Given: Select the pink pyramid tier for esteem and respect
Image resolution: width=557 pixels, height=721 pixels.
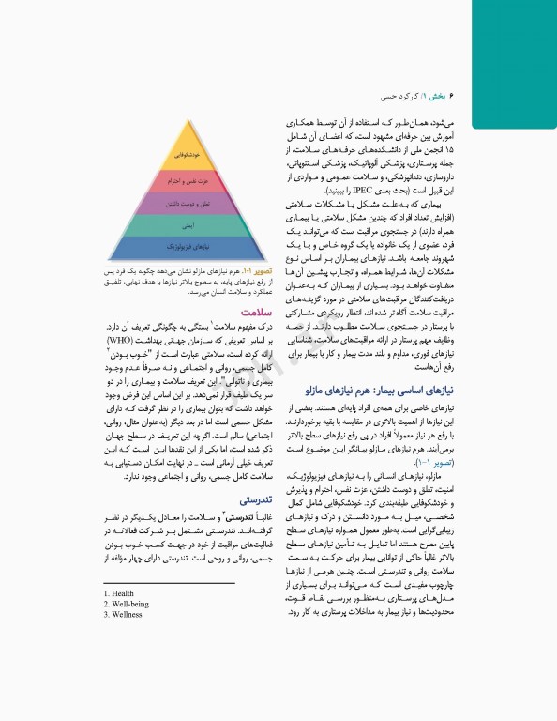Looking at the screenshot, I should tap(185, 178).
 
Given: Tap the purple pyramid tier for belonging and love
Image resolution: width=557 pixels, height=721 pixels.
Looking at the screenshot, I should tap(185, 202).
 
